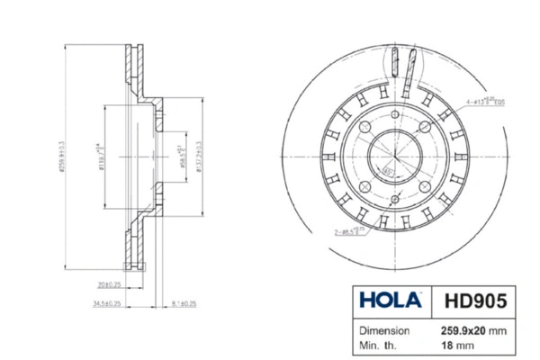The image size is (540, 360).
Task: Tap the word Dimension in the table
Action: (x=386, y=329)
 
